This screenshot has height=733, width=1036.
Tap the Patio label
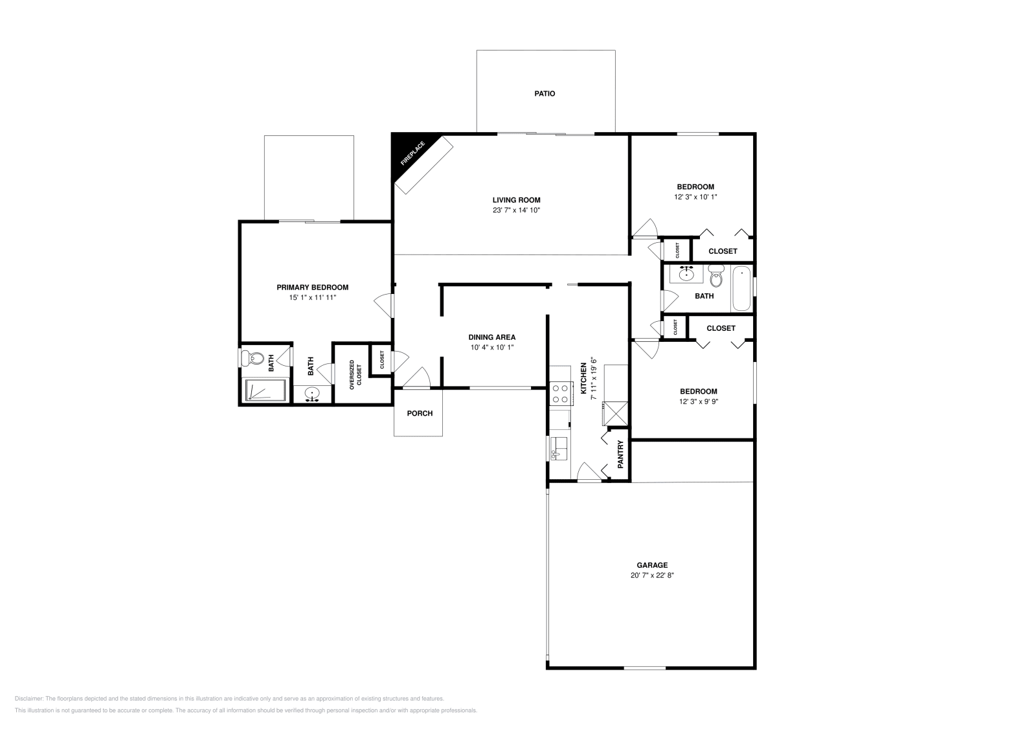[x=545, y=94]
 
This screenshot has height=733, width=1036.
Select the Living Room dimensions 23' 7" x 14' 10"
[x=516, y=210]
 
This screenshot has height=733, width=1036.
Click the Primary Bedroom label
[x=313, y=288]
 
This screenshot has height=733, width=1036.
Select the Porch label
[x=420, y=413]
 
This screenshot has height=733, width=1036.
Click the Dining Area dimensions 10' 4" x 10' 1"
[x=492, y=348]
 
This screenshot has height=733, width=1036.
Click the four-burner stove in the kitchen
[x=560, y=392]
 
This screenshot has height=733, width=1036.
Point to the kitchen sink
[x=559, y=447]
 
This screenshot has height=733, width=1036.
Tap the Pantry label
[x=620, y=455]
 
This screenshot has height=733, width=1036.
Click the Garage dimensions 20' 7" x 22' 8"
[x=652, y=575]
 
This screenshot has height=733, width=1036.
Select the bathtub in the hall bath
[x=741, y=289]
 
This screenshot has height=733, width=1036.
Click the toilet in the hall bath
[x=715, y=278]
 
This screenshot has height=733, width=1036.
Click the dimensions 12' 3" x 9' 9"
[x=699, y=401]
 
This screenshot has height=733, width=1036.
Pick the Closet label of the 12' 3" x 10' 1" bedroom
[x=723, y=251]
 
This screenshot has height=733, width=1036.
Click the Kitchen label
[x=583, y=378]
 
